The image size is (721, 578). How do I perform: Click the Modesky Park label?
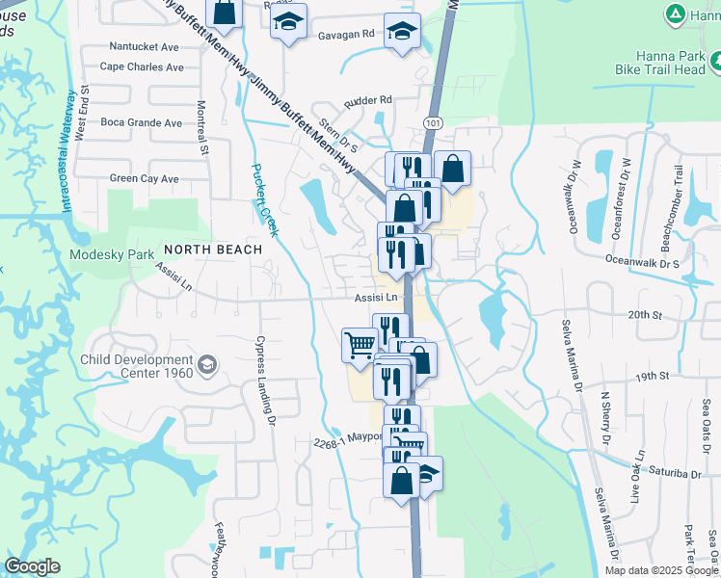pos(112,255)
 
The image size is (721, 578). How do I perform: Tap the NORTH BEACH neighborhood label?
pos(213,250)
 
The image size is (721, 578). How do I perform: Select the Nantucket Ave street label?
pos(144,46)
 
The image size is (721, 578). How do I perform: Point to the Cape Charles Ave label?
pos(142,67)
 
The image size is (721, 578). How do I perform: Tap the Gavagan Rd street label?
pos(345,34)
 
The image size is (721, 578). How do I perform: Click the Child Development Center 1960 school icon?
pos(207,364)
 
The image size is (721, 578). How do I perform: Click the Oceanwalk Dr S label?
pos(643,261)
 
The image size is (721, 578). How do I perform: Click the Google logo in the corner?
pos(33,566)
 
